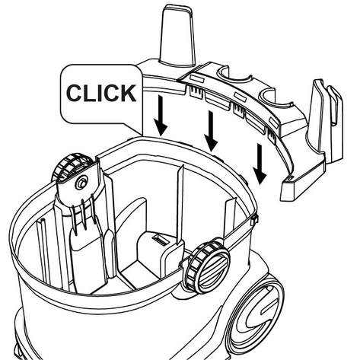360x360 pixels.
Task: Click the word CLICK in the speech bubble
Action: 101,93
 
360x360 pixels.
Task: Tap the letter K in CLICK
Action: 129,93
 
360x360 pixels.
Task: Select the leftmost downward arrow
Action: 161,115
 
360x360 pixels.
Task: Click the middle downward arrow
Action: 211,131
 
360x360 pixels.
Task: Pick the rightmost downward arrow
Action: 259,164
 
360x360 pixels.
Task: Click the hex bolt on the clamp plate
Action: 81,183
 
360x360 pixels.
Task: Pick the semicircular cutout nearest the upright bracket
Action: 276,100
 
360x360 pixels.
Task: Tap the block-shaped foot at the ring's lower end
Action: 295,188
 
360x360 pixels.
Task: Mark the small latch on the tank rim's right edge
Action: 254,219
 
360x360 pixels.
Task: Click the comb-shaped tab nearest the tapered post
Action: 196,91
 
